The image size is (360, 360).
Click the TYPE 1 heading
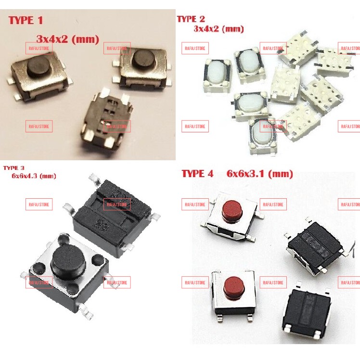tap(26, 20)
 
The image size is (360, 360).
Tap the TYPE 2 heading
tap(191, 19)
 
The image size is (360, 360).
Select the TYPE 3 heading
tap(14, 168)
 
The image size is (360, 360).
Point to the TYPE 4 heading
tap(197, 174)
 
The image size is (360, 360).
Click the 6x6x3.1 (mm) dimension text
tap(260, 174)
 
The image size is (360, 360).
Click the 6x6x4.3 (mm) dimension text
tap(34, 176)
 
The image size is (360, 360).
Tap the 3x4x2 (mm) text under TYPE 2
tap(219, 29)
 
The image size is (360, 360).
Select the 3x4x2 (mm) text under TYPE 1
tap(68, 39)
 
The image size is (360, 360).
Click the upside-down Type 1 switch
tap(107, 119)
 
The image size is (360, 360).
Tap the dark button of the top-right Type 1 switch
tap(145, 60)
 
